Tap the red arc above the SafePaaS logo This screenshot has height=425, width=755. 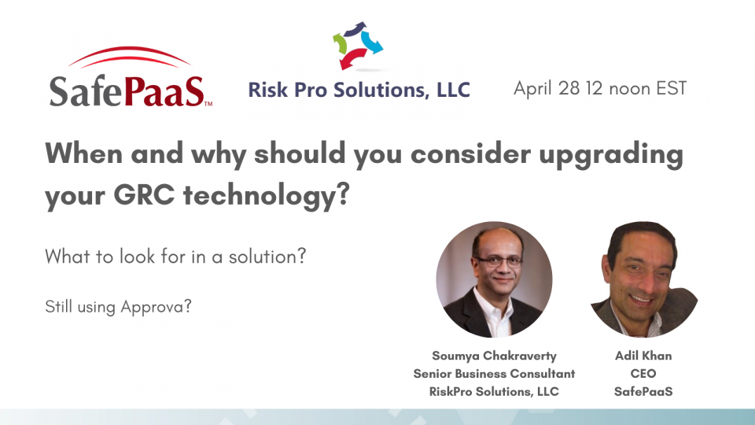click(x=130, y=57)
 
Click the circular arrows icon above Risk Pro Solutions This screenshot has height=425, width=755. click(x=358, y=46)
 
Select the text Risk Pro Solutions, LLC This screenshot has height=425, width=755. click(x=359, y=90)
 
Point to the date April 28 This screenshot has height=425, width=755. click(x=547, y=88)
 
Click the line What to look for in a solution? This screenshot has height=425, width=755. click(x=175, y=257)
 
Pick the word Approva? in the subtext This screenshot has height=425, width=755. click(x=157, y=306)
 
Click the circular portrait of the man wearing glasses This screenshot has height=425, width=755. click(x=494, y=279)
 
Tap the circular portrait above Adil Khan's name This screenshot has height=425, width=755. click(x=643, y=279)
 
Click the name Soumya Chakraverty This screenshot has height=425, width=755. click(x=494, y=356)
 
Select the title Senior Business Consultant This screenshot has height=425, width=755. click(x=494, y=374)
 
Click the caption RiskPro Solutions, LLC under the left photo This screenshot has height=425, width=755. click(x=494, y=392)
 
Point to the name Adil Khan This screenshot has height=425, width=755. click(x=643, y=356)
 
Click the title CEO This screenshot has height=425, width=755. click(x=643, y=374)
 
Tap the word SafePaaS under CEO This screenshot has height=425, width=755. click(x=643, y=392)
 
